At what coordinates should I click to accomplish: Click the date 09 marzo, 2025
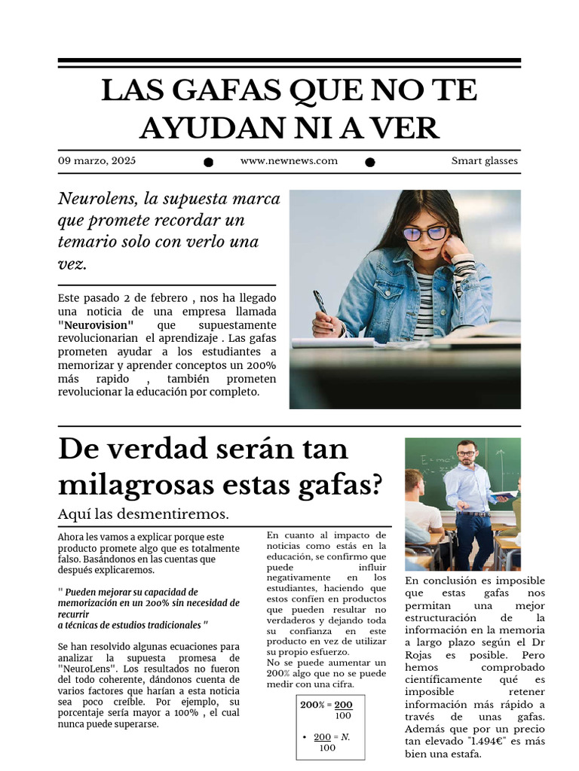click(96, 161)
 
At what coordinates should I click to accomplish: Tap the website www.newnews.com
click(289, 161)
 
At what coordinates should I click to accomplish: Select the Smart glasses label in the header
click(484, 161)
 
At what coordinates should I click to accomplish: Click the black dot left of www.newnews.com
click(209, 162)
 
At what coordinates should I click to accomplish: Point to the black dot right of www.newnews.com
click(370, 162)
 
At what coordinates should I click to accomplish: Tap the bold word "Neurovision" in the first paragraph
click(96, 325)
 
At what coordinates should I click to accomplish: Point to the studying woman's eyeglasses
click(425, 233)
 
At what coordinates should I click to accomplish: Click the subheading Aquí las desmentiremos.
click(143, 514)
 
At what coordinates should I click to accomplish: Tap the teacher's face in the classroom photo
click(467, 454)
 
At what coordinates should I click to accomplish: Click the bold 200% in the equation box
click(311, 705)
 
